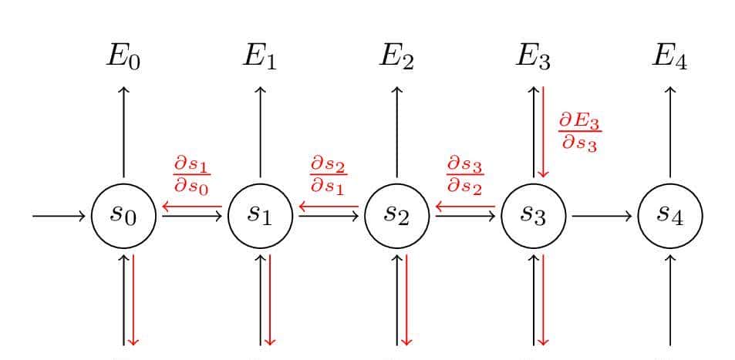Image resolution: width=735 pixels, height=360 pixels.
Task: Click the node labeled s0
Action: tap(123, 215)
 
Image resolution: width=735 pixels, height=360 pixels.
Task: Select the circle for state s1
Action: tap(261, 215)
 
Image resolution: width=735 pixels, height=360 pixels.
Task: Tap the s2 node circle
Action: tap(397, 215)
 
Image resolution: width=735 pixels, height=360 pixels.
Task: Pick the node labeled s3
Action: tap(534, 215)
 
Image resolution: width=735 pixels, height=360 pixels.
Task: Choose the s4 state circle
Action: tap(670, 215)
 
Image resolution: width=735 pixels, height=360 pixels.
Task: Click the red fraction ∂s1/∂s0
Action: tap(190, 176)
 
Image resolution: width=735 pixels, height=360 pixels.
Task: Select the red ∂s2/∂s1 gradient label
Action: tap(327, 176)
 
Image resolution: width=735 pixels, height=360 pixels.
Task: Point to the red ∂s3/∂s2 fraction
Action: tap(464, 176)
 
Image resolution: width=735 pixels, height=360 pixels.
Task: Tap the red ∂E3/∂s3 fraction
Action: tap(578, 132)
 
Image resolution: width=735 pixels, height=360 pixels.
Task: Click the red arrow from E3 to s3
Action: tap(543, 131)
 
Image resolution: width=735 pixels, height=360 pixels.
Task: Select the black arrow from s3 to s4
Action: tap(602, 216)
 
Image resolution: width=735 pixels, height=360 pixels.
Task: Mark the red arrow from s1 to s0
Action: tap(192, 207)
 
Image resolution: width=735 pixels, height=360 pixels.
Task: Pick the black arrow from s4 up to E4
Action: tap(669, 131)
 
